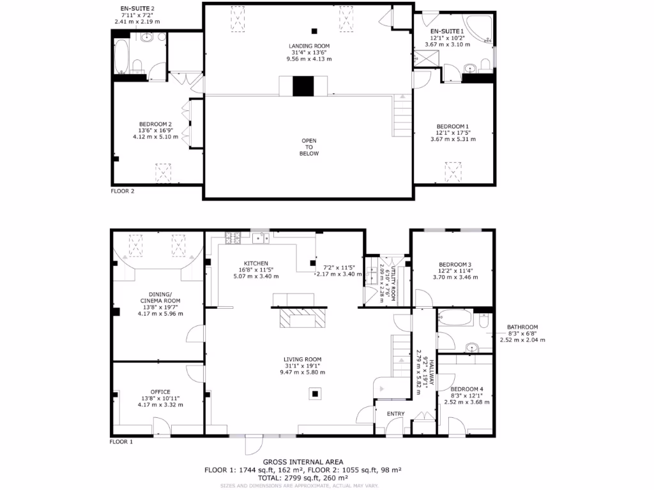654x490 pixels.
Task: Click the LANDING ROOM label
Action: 308,46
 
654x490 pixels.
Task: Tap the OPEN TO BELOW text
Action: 308,147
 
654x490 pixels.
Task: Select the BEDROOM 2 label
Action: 155,124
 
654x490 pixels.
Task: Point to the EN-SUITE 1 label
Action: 447,31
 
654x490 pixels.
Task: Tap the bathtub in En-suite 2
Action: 121,57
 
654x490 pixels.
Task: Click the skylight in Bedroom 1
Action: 453,171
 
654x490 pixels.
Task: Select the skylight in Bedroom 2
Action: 163,172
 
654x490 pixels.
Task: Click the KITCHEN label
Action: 255,264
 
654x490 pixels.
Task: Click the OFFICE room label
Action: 160,392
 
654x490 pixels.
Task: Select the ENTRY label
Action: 395,414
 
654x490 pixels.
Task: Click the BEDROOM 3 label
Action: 455,265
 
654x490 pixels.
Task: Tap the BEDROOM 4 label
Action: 466,389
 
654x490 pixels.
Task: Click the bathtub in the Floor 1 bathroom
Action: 455,317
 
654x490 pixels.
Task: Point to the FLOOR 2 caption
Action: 121,190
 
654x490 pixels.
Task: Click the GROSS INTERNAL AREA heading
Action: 303,462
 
